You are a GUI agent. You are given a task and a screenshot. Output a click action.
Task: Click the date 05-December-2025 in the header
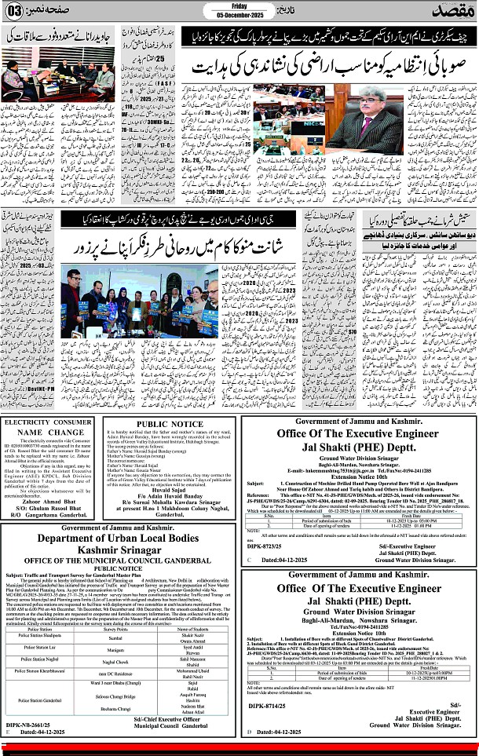click(x=239, y=16)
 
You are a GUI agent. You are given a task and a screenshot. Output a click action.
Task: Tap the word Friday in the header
click(x=239, y=5)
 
